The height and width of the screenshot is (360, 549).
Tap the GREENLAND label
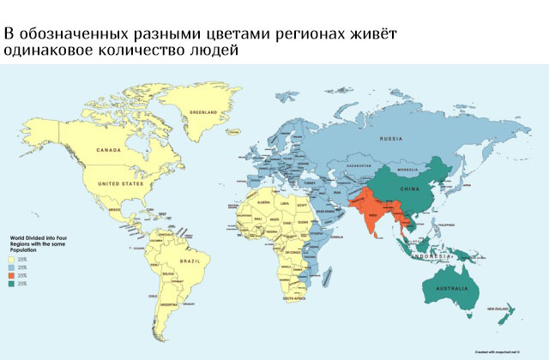coord(203,112)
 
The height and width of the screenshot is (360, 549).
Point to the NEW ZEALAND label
coord(502,308)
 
